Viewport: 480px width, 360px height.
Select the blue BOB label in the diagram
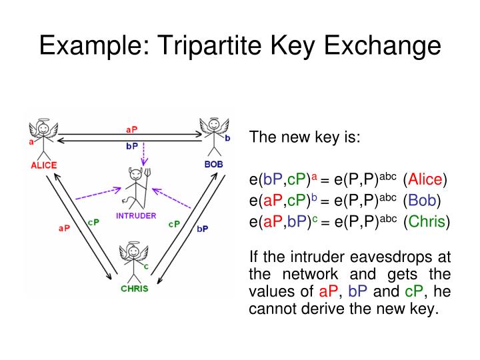[x=214, y=164]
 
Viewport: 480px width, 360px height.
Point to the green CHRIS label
[x=134, y=289]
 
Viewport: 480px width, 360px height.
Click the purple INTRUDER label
[x=136, y=215]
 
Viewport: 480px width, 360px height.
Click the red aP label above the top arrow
[x=132, y=129]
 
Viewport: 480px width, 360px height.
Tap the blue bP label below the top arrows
[x=132, y=146]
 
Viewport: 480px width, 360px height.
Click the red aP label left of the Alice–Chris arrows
[x=64, y=228]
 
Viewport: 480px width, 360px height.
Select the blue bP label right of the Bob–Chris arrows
[x=203, y=229]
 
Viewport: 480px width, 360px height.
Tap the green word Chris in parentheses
[x=427, y=221]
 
